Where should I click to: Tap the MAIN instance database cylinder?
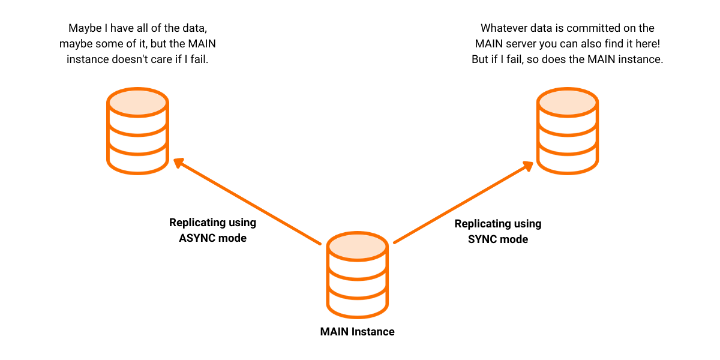point(357,275)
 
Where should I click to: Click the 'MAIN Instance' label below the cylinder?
point(357,331)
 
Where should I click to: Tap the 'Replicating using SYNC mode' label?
point(498,231)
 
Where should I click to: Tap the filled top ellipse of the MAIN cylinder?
point(357,245)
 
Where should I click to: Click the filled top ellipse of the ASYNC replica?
point(137,101)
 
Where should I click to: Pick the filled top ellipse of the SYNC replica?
point(567,101)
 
